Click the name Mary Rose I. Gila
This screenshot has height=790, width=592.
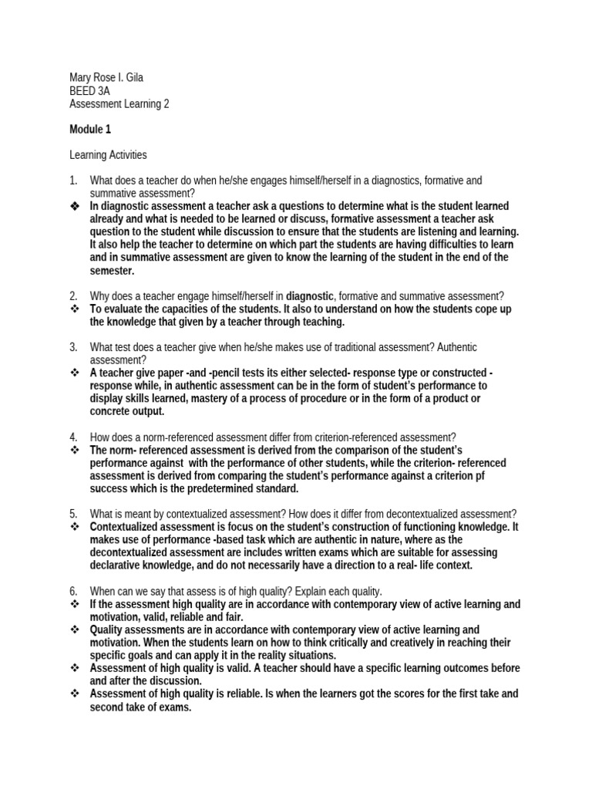point(107,77)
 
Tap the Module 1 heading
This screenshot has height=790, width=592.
point(90,129)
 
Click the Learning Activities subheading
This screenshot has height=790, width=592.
point(108,155)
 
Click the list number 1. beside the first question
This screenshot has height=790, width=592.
point(73,181)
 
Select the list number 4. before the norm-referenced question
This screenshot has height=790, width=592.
point(73,437)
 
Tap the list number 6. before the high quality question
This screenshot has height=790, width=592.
point(73,591)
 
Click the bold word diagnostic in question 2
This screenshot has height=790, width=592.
point(310,295)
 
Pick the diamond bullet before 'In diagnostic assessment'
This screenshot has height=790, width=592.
point(75,207)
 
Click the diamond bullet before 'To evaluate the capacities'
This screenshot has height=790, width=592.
point(75,309)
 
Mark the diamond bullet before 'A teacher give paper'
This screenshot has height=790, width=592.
point(75,373)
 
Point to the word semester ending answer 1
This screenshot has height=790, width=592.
point(112,271)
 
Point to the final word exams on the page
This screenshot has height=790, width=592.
point(174,707)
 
